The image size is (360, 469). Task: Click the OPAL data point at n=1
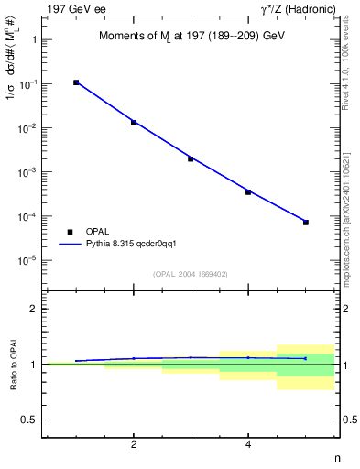coord(76,82)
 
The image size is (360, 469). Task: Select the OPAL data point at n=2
coord(134,122)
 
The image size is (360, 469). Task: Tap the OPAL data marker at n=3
coord(191,158)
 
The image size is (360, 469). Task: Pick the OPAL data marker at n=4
coord(248,191)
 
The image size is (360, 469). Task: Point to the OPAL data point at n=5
coord(306,223)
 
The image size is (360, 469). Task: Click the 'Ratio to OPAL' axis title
coord(14,365)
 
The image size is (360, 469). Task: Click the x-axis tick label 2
coord(134,446)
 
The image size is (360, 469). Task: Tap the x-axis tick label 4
coord(248,446)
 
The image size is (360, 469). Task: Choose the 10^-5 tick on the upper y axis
coord(29,261)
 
